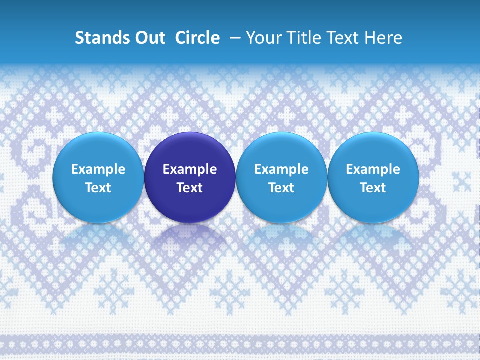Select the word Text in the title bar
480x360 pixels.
tap(343, 38)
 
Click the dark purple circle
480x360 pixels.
tap(190, 150)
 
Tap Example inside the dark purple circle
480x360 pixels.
tap(190, 169)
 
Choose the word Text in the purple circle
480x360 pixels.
tap(190, 188)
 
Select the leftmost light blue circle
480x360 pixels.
tap(98, 150)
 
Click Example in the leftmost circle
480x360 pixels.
tap(98, 169)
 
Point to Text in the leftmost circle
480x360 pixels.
tap(98, 188)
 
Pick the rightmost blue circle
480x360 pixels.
tap(373, 150)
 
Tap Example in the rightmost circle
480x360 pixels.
tap(373, 169)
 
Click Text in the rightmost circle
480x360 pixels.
tap(373, 188)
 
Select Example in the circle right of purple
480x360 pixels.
tap(281, 169)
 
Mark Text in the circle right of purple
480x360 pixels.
tap(281, 188)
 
